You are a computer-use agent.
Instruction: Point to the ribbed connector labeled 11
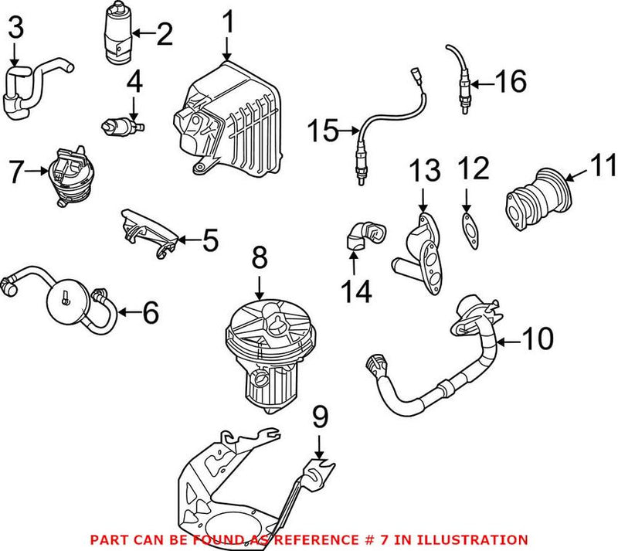point(537,199)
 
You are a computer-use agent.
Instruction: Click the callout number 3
point(15,30)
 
